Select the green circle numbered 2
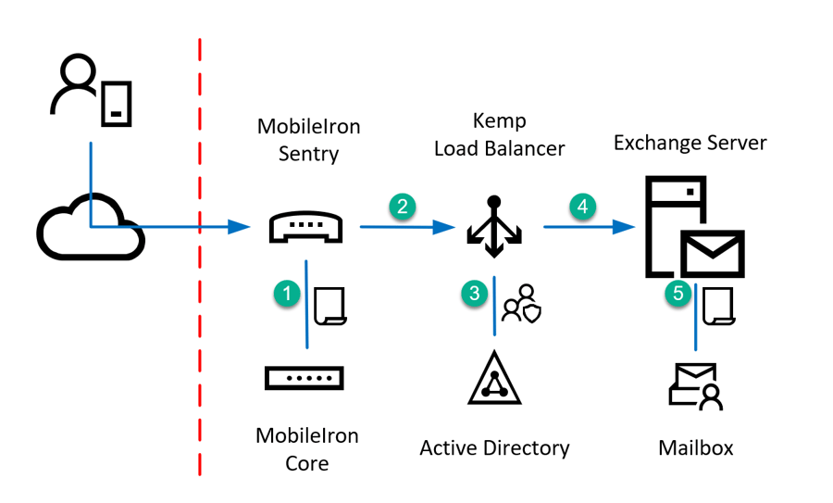click(x=402, y=207)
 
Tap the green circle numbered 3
click(x=475, y=294)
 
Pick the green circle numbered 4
click(x=582, y=207)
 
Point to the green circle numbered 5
click(x=678, y=294)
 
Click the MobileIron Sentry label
click(x=307, y=140)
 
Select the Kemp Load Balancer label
click(x=499, y=134)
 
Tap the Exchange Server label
click(x=690, y=144)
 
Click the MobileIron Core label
click(x=307, y=448)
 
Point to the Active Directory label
click(x=494, y=448)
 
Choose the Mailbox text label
click(x=696, y=448)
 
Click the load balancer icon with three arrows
click(x=494, y=223)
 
